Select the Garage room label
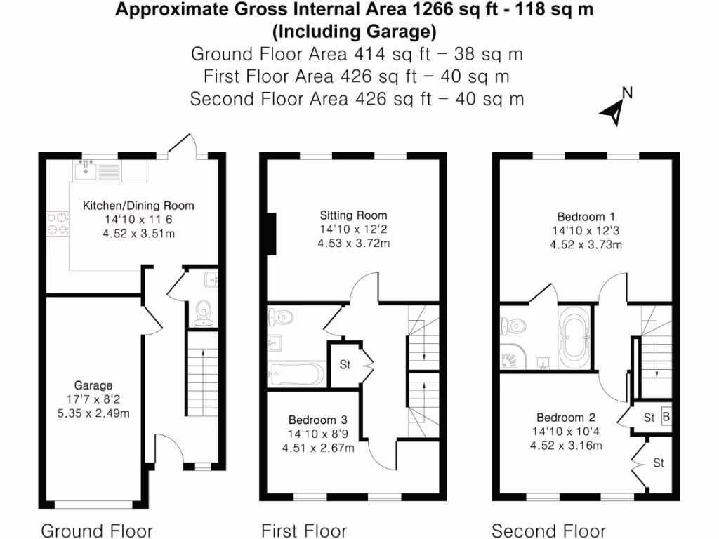pos(93,385)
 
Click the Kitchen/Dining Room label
pos(138,206)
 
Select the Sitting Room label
pos(353,215)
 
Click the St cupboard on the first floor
pos(345,365)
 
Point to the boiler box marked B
pos(666,418)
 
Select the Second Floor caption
pos(548,531)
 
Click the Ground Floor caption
pos(97,531)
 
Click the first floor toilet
pos(281,317)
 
